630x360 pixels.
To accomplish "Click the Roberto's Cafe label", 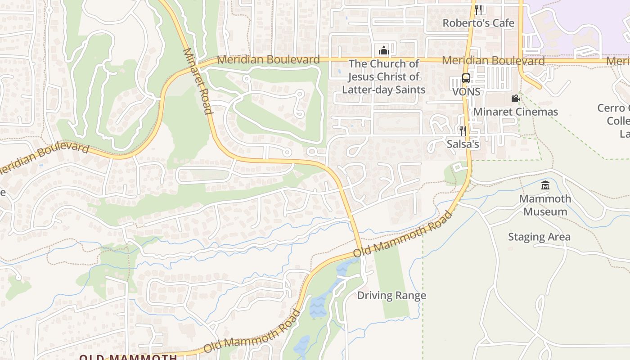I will pos(478,23).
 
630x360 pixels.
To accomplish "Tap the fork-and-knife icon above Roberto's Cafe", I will pos(478,9).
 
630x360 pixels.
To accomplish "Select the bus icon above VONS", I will pos(466,78).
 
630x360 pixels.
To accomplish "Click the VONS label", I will pos(466,92).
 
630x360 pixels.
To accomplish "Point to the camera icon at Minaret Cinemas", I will pos(515,99).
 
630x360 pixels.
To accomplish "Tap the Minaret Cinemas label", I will pos(516,112).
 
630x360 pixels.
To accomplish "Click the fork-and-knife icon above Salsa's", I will pos(463,131).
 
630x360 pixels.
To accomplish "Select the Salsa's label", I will pos(463,144).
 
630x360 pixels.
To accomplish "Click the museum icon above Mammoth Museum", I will pos(545,185).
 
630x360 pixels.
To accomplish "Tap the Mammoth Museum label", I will pos(545,205).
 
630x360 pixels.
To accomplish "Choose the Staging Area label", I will pos(539,237).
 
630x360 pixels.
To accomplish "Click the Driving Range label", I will pos(391,296).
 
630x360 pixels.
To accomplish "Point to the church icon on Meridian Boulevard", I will pos(384,50).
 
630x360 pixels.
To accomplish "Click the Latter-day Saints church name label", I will pos(384,77).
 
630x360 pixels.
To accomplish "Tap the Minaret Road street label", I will pos(198,81).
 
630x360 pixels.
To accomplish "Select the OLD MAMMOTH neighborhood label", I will pos(128,357).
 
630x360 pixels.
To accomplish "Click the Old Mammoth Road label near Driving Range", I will pos(403,235).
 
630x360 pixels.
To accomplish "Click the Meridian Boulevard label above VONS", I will pos(493,60).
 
